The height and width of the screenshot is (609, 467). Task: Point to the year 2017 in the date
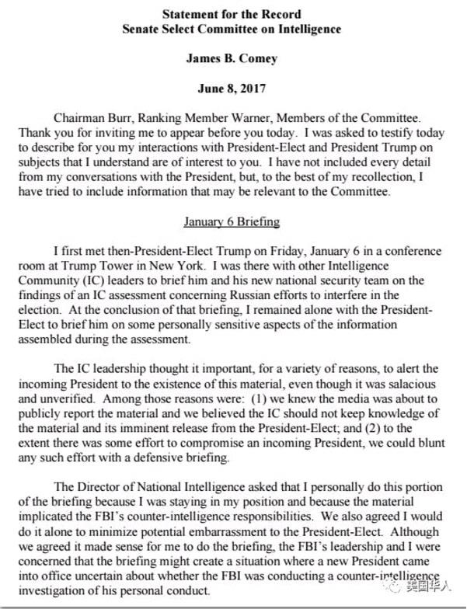253,89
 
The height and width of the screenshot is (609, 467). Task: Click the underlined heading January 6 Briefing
232,221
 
